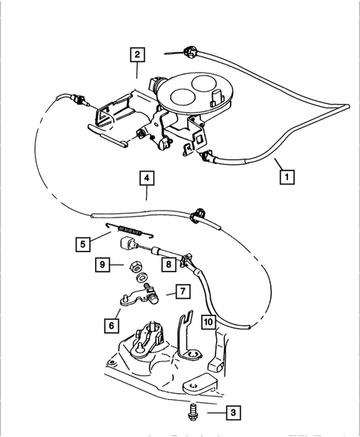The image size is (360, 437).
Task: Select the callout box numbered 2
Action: tap(137, 53)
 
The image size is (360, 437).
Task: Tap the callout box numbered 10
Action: tap(209, 321)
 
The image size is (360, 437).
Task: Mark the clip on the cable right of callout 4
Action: tap(197, 213)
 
